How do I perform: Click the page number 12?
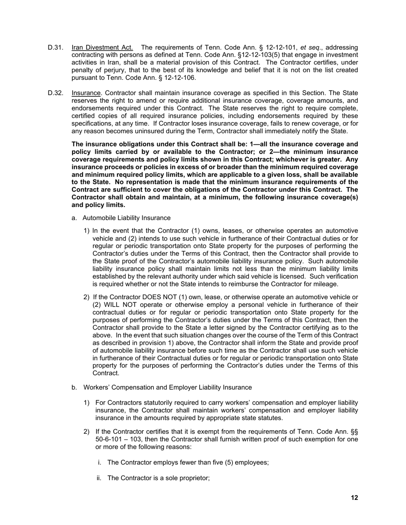tap(354, 498)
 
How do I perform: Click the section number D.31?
tap(56, 47)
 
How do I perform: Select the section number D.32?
tap(56, 93)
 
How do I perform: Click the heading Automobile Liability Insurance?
tap(127, 218)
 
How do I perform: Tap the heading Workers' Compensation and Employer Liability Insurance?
tap(168, 388)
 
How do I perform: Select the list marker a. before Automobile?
tap(74, 218)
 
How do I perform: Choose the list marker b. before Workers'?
tap(74, 388)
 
